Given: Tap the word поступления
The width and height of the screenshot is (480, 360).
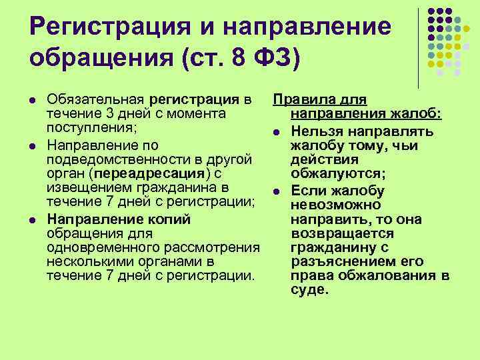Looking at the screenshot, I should [x=87, y=129].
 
